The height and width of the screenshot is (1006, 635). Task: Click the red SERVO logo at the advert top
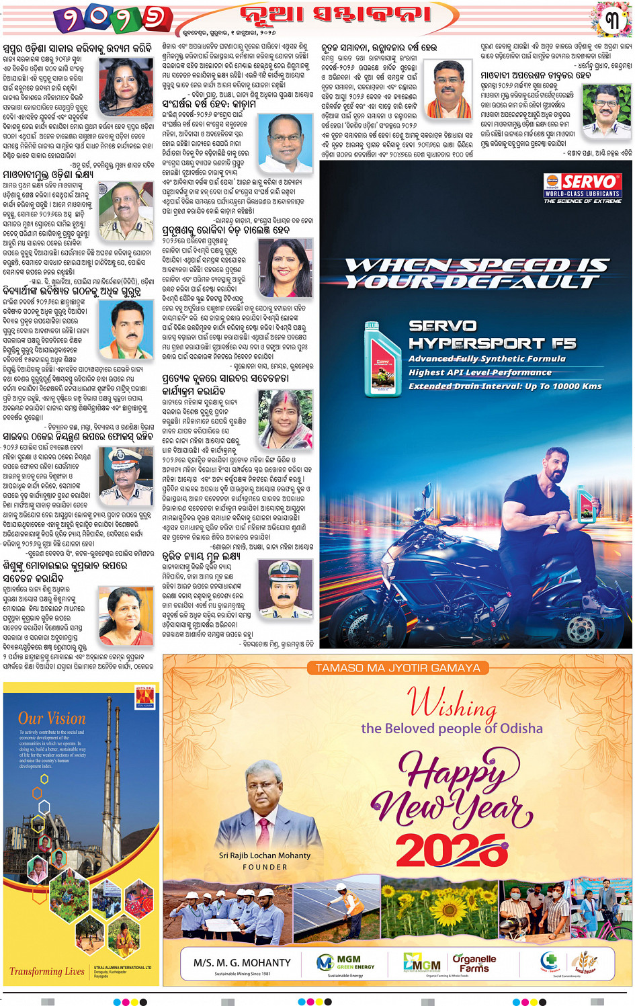pyautogui.click(x=582, y=182)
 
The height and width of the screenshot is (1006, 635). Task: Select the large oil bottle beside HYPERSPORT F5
pyautogui.click(x=382, y=359)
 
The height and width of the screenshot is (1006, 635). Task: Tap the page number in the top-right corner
pyautogui.click(x=612, y=20)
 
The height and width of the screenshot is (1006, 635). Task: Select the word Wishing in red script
pyautogui.click(x=452, y=704)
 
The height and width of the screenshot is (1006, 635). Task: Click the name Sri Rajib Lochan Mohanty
pyautogui.click(x=265, y=855)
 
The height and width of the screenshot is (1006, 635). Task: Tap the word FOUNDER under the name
pyautogui.click(x=265, y=867)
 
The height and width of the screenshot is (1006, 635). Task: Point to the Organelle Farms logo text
pyautogui.click(x=474, y=963)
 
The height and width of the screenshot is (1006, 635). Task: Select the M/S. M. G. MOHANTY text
pyautogui.click(x=242, y=963)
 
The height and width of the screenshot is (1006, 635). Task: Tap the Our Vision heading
pyautogui.click(x=52, y=718)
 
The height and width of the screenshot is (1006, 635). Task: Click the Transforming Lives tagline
pyautogui.click(x=47, y=971)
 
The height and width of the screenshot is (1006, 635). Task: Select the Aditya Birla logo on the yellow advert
pyautogui.click(x=145, y=697)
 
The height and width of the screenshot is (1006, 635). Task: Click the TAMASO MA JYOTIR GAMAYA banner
pyautogui.click(x=398, y=668)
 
